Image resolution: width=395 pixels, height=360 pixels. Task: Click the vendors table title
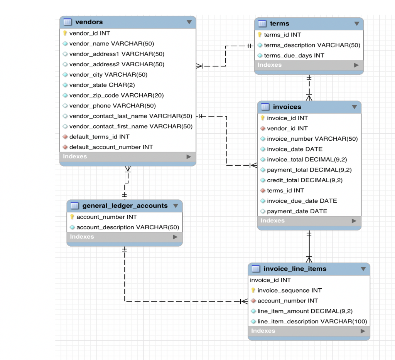tap(89, 22)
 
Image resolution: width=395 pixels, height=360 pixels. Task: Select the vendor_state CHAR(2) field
tap(102, 85)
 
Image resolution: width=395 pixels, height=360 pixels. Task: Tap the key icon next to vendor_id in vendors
tap(65, 34)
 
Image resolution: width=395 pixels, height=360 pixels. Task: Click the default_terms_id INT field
tap(99, 137)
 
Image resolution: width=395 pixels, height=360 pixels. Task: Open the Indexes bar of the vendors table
tap(128, 156)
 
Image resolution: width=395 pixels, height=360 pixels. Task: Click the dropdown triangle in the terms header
tap(356, 24)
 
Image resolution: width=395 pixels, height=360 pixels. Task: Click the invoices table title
tap(287, 107)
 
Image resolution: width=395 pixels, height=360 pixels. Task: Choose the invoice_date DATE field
tap(294, 149)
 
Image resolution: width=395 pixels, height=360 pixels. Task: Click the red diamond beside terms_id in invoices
tap(263, 191)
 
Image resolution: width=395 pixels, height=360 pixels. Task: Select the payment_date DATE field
tap(297, 211)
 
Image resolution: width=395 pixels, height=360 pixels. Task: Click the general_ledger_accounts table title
tap(125, 206)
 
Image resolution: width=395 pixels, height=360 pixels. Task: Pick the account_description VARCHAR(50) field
tap(128, 227)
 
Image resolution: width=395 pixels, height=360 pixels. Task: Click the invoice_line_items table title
tap(295, 269)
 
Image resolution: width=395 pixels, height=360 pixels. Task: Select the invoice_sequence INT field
tap(289, 291)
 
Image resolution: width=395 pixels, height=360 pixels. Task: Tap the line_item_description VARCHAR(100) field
tap(312, 321)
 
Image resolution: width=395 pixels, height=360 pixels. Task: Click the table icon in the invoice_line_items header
tap(256, 269)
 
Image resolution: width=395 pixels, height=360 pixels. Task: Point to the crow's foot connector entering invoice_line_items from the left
tap(244, 301)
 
